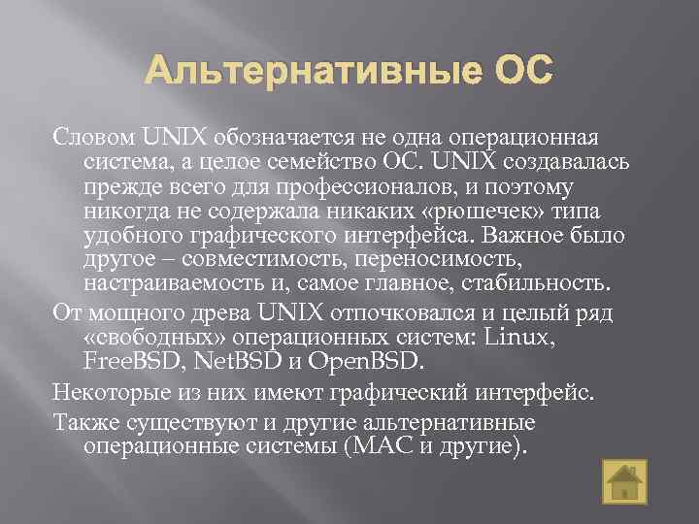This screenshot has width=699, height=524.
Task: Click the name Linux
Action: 520,339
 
